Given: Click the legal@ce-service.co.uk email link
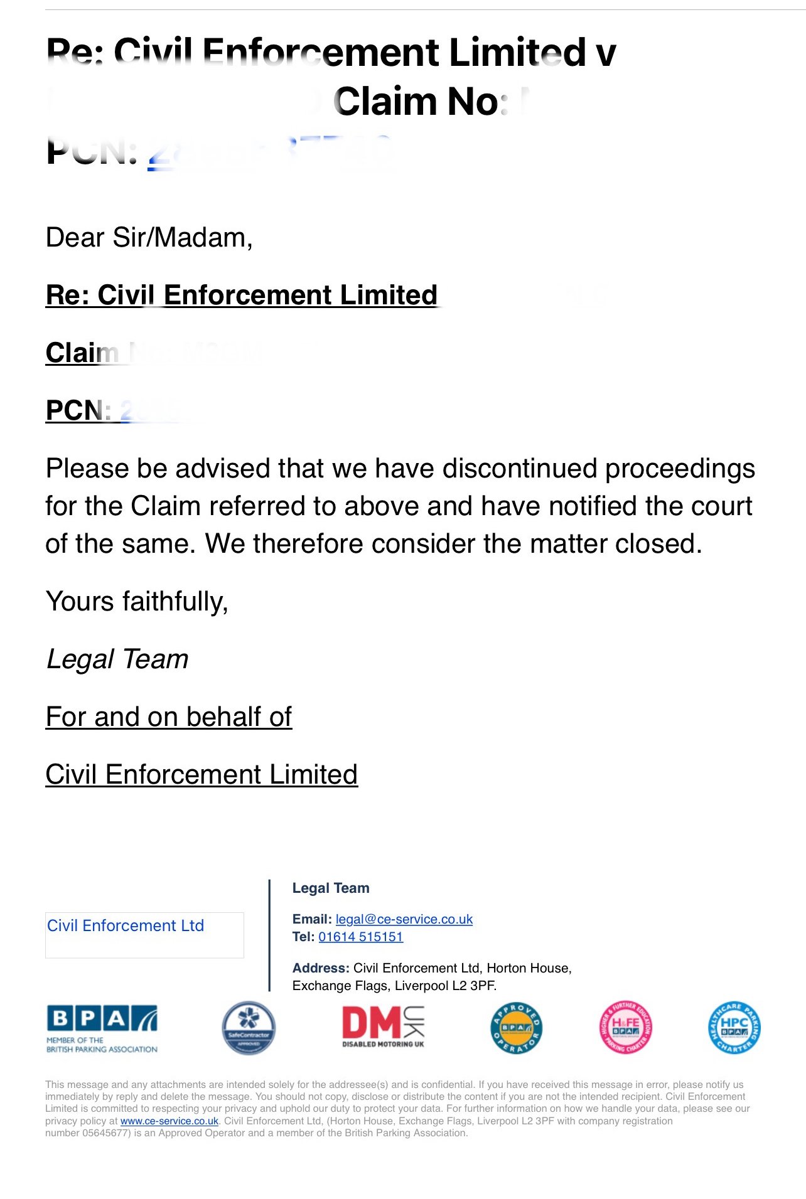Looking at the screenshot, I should coord(404,919).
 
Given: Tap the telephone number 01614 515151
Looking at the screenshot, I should coord(360,937).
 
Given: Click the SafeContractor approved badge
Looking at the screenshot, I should coord(249,1028).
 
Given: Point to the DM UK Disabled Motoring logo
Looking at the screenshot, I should coord(383,1027).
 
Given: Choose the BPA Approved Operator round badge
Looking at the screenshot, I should coord(516,1028).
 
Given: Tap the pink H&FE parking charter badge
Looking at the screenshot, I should coord(625,1028).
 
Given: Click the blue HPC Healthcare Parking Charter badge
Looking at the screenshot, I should coord(734,1028).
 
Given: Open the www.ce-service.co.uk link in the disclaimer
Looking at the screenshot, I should coord(169,1121).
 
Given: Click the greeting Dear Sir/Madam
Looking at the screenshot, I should coord(149,238).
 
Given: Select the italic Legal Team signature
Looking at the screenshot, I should coord(117,659).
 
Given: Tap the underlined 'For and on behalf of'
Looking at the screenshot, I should coord(169,717).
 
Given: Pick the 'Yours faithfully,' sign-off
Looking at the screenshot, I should coord(137,602).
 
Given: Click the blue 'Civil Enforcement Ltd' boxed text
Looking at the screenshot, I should coord(126,926).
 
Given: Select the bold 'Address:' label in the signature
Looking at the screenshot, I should coord(321,968).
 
